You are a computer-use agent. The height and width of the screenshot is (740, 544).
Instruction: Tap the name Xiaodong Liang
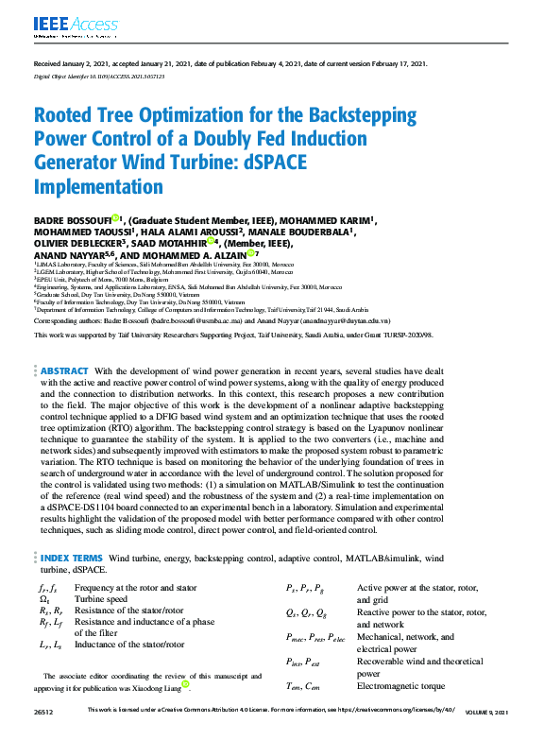(x=155, y=686)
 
